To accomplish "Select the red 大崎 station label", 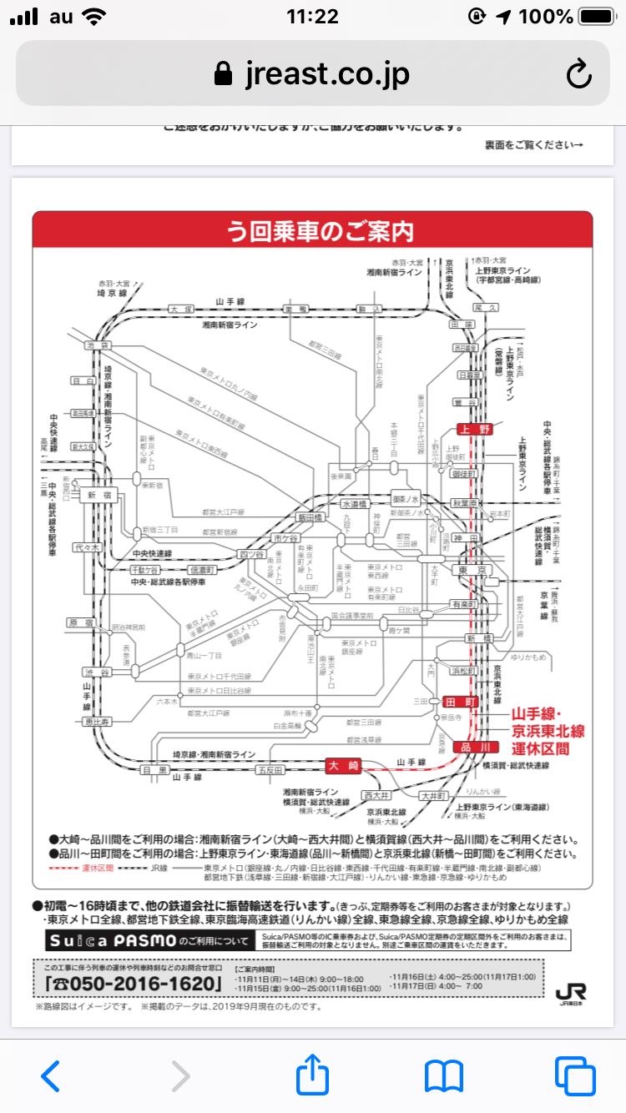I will (x=343, y=763).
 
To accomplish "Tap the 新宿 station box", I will (x=94, y=495).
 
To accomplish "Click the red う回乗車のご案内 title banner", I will (x=312, y=229).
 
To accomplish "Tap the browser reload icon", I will (x=578, y=75).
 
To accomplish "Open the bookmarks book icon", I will (x=443, y=1076).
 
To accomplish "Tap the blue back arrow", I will (x=50, y=1076).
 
